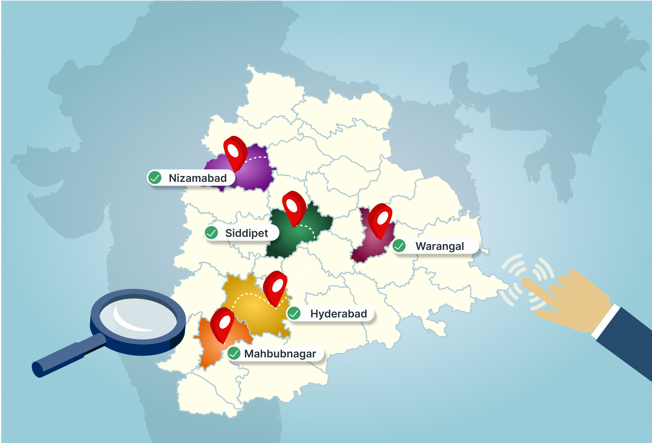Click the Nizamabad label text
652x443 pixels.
(198, 178)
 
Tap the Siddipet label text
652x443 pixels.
(247, 233)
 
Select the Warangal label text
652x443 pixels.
(440, 246)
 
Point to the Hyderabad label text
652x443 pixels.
(338, 314)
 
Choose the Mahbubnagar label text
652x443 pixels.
(280, 354)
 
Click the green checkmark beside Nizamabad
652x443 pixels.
(155, 178)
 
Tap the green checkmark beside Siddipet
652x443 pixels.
(211, 233)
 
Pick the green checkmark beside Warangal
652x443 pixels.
(399, 246)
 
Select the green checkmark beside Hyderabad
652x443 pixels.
(294, 313)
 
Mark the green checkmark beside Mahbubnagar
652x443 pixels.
(234, 354)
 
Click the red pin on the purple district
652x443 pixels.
(235, 152)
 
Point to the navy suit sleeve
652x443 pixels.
(627, 341)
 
